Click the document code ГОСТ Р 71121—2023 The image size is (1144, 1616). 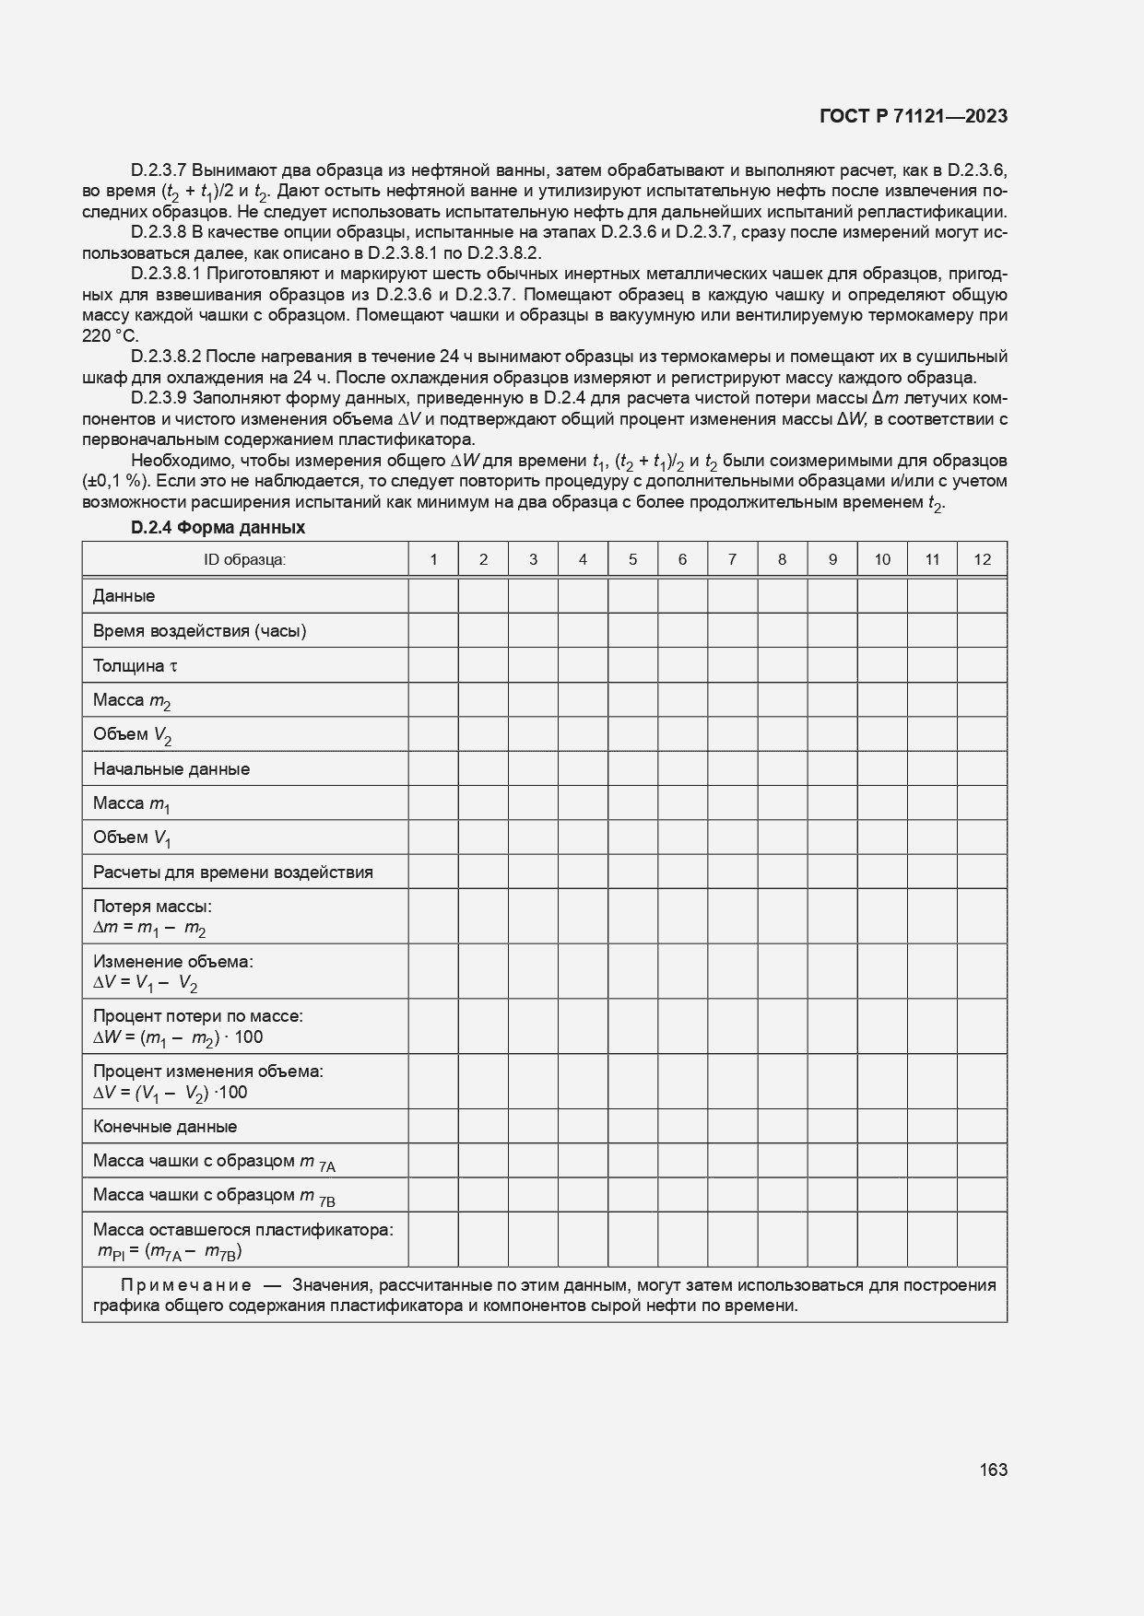click(913, 116)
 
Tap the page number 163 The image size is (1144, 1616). click(993, 1470)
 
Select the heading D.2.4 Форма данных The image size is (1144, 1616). click(218, 528)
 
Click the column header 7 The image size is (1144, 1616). click(732, 559)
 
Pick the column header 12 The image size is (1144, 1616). click(982, 559)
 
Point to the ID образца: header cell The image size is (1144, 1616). click(245, 559)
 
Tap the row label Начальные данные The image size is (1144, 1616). click(171, 768)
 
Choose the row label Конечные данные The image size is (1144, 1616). click(165, 1126)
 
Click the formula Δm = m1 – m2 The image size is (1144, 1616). click(149, 928)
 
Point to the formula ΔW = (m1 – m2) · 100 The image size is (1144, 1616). click(178, 1037)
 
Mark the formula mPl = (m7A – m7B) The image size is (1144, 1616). click(171, 1251)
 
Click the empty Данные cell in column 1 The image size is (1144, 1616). click(433, 596)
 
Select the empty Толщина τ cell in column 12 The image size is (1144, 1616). click(982, 665)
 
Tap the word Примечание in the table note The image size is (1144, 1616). click(186, 1285)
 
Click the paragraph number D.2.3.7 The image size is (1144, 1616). click(159, 170)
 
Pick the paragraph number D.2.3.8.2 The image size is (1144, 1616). click(167, 357)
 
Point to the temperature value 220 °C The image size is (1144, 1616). click(110, 336)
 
